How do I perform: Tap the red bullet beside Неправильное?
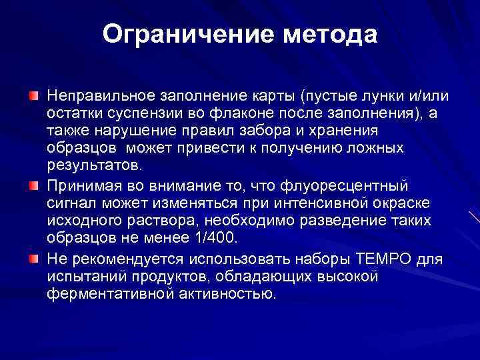pos(33,96)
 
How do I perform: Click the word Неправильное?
pos(92,95)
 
